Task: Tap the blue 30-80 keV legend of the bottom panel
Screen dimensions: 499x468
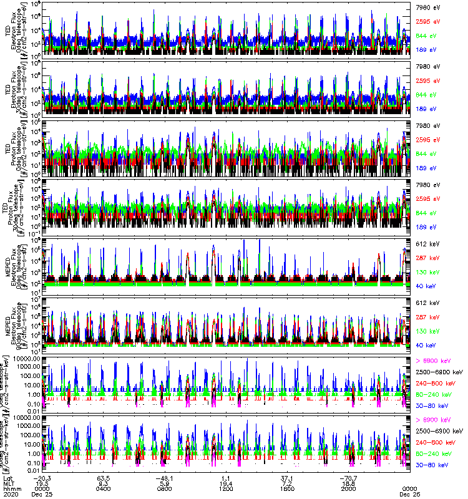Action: coord(433,465)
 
